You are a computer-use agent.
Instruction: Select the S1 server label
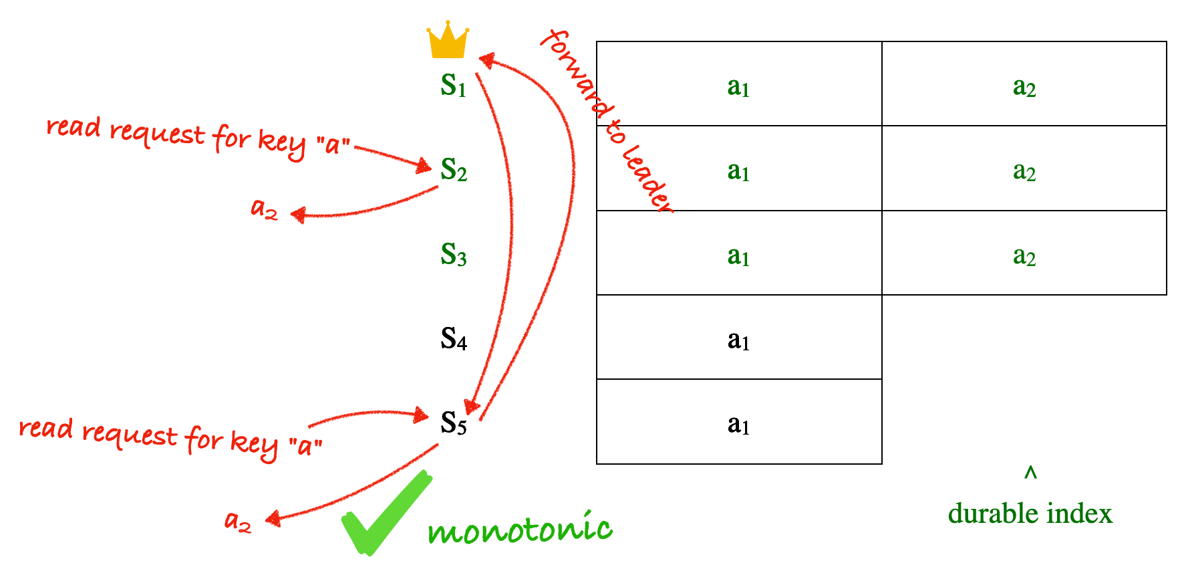pyautogui.click(x=453, y=86)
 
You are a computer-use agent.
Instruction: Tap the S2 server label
pyautogui.click(x=454, y=170)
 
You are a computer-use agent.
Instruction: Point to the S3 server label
pyautogui.click(x=454, y=255)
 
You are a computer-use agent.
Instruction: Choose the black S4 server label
pyautogui.click(x=454, y=339)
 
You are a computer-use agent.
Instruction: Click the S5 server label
pyautogui.click(x=454, y=423)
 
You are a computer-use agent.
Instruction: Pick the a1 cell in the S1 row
pyautogui.click(x=739, y=84)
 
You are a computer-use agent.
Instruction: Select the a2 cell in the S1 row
pyautogui.click(x=1024, y=84)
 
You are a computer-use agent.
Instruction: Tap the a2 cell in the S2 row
pyautogui.click(x=1024, y=168)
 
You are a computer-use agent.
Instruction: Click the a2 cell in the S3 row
pyautogui.click(x=1024, y=253)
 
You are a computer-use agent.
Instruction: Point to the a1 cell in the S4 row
pyautogui.click(x=739, y=337)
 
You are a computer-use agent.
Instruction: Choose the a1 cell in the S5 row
pyautogui.click(x=739, y=422)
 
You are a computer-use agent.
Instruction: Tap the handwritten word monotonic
pyautogui.click(x=520, y=528)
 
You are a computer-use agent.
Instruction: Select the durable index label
pyautogui.click(x=1030, y=514)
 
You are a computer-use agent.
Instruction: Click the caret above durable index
pyautogui.click(x=1030, y=473)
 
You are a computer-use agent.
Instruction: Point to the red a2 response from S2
pyautogui.click(x=264, y=209)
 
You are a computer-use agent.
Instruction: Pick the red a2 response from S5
pyautogui.click(x=238, y=521)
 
